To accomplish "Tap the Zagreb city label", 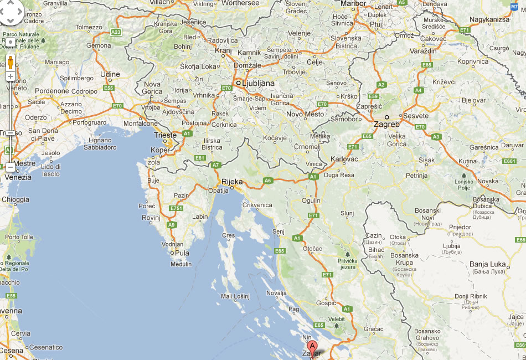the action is [386, 125].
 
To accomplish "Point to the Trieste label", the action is [166, 135].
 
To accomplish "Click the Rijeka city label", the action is [231, 181].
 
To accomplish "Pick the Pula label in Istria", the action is [182, 253].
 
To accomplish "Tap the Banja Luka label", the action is [487, 264].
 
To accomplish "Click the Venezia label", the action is [18, 178].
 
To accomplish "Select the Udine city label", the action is [110, 74].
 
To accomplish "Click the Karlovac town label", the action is [344, 159].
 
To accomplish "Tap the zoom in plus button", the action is [10, 76].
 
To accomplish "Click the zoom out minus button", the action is [10, 166].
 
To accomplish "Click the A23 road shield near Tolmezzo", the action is [116, 32].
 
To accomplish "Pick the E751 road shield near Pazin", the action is [176, 208].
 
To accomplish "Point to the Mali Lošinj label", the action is [236, 297].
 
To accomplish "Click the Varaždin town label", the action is [424, 51].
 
